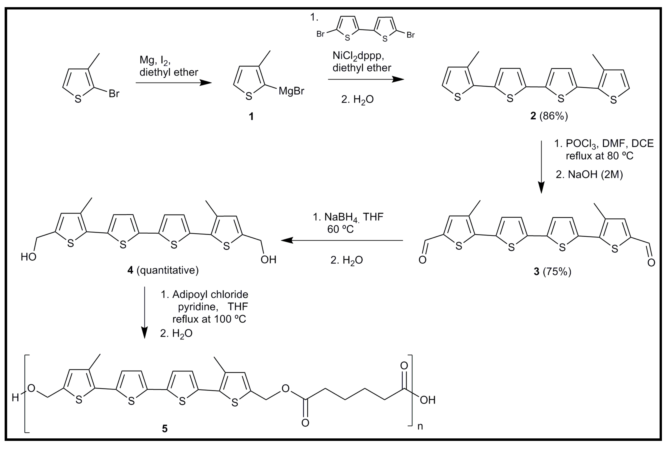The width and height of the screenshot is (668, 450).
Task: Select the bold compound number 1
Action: pyautogui.click(x=251, y=117)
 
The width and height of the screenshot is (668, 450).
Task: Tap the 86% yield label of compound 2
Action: pyautogui.click(x=554, y=116)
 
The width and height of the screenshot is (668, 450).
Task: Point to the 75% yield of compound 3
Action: pyautogui.click(x=557, y=271)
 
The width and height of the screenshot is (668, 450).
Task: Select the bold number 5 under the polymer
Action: pyautogui.click(x=165, y=429)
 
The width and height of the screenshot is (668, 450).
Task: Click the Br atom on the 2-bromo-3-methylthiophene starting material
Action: pyautogui.click(x=114, y=94)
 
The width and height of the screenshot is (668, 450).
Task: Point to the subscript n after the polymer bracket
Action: pyautogui.click(x=420, y=426)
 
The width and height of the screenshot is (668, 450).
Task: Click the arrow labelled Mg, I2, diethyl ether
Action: pyautogui.click(x=174, y=83)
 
